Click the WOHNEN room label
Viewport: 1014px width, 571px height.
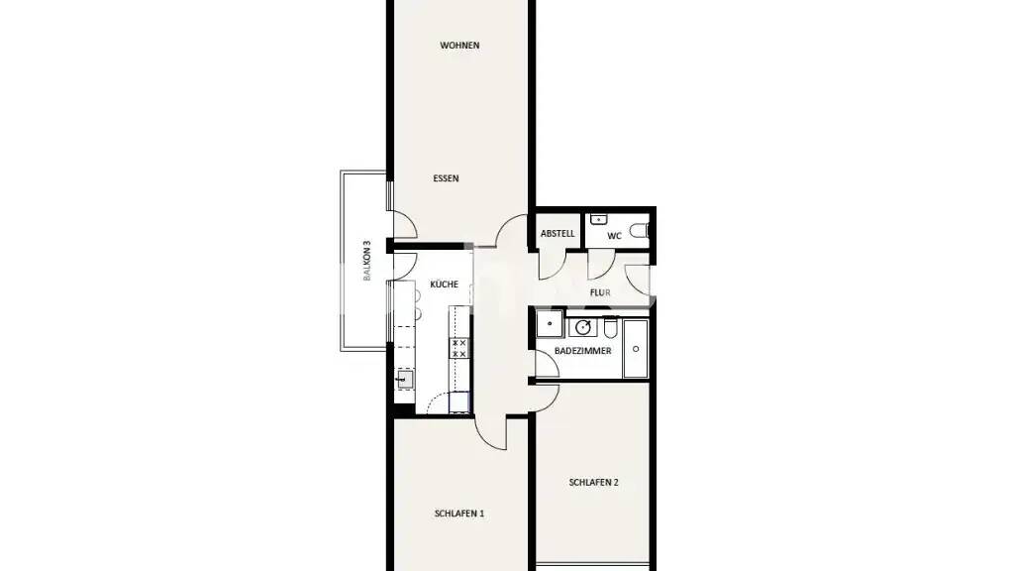tap(459, 46)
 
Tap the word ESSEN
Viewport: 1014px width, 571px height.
tap(447, 178)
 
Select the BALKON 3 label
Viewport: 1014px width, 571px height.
tap(366, 261)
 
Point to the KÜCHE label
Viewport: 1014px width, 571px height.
tap(445, 284)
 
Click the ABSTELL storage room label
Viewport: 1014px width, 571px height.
tap(558, 234)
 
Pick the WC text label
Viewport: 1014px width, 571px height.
tap(614, 236)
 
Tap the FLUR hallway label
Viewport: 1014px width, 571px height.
tap(600, 292)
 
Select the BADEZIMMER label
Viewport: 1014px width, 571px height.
tap(582, 351)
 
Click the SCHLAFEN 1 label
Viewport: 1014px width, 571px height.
tap(459, 514)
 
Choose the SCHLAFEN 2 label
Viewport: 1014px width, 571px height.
tap(594, 483)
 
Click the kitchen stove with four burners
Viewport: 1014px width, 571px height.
tap(459, 348)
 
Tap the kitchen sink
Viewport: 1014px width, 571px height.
tap(405, 379)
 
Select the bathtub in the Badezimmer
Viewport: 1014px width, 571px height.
tap(636, 348)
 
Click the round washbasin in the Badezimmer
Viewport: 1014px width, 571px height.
tap(583, 327)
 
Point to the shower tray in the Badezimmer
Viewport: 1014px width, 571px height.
tap(550, 324)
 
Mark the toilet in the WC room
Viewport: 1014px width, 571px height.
tap(639, 230)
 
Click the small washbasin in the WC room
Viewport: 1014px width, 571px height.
tap(598, 219)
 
